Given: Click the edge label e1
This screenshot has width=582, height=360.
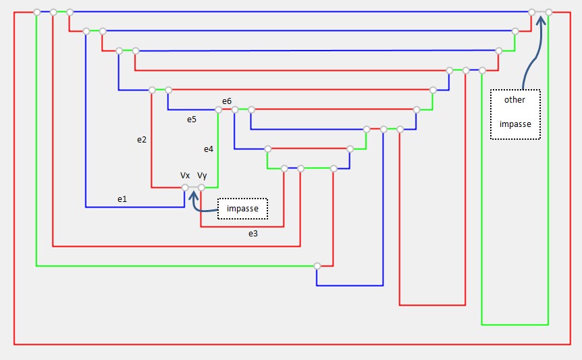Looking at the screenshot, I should pos(122,199).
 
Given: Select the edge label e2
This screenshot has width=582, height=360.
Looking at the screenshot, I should pos(142,140).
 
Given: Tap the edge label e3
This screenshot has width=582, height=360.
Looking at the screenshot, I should pos(253,234).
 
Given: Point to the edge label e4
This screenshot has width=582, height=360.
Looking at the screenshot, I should pos(209,149).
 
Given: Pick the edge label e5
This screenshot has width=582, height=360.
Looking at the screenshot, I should pos(192,119).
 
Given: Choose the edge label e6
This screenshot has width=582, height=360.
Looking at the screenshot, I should pos(227,101).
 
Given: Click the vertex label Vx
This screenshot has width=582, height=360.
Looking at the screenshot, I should pos(185,176).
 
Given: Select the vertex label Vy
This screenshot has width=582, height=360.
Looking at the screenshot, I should pos(202,176).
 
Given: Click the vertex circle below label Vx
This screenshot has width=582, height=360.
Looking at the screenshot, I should pos(185,187).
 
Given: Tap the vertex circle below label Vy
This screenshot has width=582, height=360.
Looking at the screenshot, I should pos(201,187).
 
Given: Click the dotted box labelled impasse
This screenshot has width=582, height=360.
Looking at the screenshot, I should pos(242,209).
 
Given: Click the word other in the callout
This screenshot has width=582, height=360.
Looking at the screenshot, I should pos(514,100).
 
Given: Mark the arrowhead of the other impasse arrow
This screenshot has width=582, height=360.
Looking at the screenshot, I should pos(541,18).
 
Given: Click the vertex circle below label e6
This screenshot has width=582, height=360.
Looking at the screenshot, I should pos(234,109).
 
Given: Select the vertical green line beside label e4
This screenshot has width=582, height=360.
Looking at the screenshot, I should pos(217,149).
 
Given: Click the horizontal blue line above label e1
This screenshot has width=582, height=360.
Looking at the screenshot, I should pos(135,207).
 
